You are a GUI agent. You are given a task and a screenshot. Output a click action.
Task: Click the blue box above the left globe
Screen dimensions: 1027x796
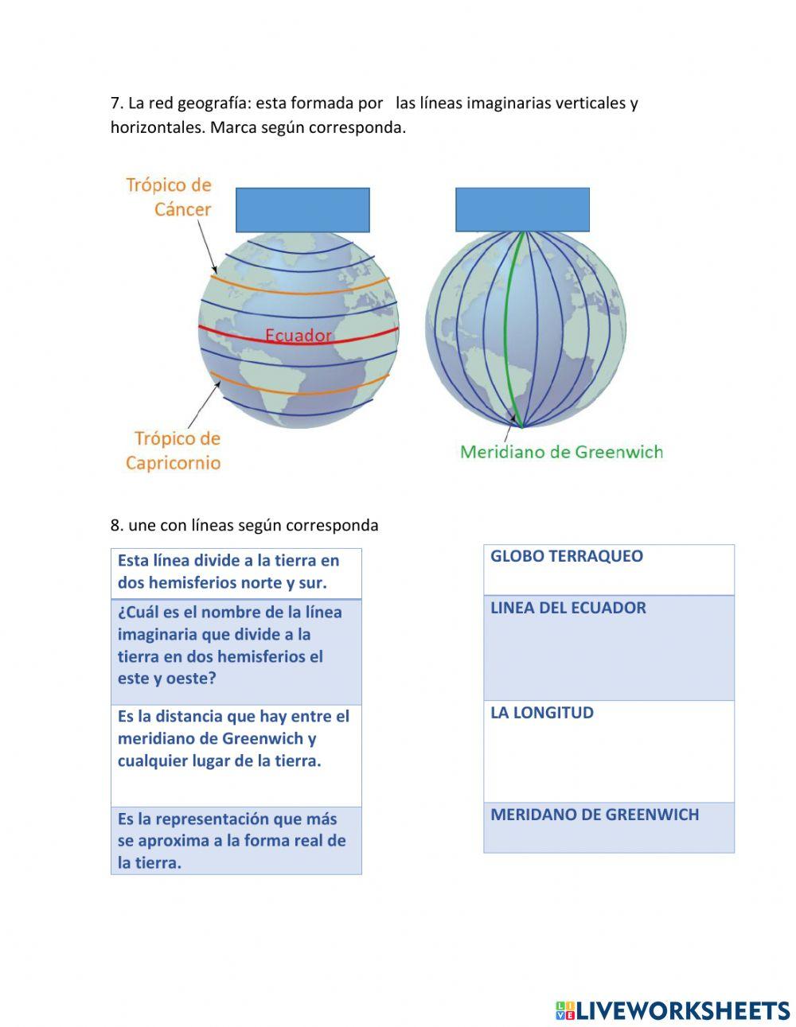tap(302, 210)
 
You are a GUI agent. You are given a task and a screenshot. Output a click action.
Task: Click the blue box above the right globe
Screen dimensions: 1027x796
tap(522, 210)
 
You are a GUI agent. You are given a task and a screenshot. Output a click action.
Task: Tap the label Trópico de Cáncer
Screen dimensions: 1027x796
tap(169, 197)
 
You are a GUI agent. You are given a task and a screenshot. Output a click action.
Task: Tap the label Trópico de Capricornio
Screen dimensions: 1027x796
tap(174, 450)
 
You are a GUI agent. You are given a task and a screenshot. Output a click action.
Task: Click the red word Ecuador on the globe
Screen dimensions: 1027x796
tap(298, 336)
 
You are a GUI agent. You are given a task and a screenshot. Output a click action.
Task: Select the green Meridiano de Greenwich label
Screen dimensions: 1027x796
tap(561, 452)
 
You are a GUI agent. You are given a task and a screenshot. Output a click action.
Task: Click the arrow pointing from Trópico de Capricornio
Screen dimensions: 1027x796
tap(204, 405)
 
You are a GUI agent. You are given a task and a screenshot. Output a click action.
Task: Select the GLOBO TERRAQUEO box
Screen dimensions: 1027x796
tap(609, 570)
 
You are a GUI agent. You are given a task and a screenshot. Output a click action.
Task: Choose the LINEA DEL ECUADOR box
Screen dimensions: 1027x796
tap(609, 648)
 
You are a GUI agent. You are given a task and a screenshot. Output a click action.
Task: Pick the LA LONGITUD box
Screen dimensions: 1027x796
tap(609, 751)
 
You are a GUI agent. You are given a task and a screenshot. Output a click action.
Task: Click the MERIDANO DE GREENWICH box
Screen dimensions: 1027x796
tap(609, 827)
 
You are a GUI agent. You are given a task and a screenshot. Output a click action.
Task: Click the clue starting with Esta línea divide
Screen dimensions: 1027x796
tap(236, 573)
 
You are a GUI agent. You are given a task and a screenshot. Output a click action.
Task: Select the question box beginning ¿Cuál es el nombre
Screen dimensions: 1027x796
tap(236, 652)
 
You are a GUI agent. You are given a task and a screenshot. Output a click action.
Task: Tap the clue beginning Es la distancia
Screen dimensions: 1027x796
tap(236, 755)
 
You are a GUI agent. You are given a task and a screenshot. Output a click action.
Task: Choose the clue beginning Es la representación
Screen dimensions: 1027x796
tap(236, 841)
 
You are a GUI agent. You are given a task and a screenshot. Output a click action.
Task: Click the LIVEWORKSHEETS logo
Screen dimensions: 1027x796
tap(673, 1010)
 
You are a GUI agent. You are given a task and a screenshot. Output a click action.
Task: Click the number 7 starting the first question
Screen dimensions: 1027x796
tap(115, 103)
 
